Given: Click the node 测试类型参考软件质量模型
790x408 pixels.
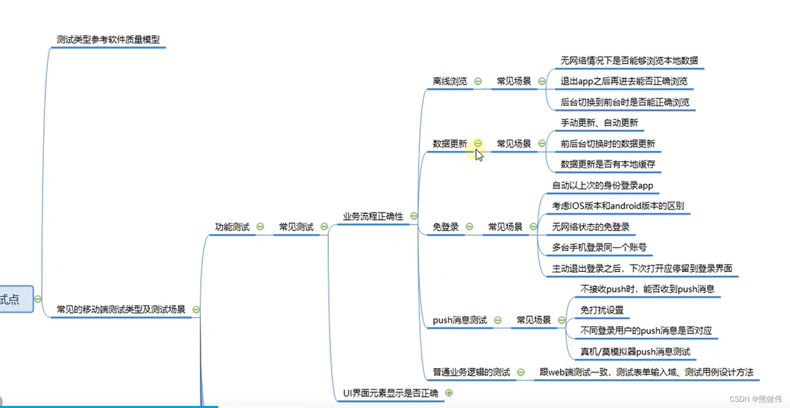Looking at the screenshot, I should pyautogui.click(x=108, y=39).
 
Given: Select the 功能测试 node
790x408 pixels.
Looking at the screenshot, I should pyautogui.click(x=232, y=227).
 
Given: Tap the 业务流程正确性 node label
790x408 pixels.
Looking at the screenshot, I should pyautogui.click(x=373, y=216).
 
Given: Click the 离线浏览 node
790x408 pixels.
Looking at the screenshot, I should pyautogui.click(x=450, y=81).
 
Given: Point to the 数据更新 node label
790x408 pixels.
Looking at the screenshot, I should pyautogui.click(x=450, y=143).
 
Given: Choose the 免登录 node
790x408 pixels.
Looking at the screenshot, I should pyautogui.click(x=446, y=227).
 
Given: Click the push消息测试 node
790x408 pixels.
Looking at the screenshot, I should pyautogui.click(x=460, y=320).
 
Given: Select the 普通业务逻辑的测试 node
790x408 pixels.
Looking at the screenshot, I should pyautogui.click(x=471, y=372).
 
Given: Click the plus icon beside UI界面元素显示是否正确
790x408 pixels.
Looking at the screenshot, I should pyautogui.click(x=448, y=393).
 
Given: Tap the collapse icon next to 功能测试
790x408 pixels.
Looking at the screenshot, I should pyautogui.click(x=260, y=227).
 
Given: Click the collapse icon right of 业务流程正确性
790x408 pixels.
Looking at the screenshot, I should pyautogui.click(x=414, y=216).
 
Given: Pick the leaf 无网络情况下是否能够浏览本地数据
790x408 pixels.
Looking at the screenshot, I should pyautogui.click(x=629, y=61).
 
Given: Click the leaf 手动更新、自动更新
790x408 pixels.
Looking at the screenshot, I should pyautogui.click(x=600, y=123).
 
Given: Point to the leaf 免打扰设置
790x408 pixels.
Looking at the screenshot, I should pyautogui.click(x=602, y=310).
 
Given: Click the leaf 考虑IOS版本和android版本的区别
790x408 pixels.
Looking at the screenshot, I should pyautogui.click(x=618, y=206).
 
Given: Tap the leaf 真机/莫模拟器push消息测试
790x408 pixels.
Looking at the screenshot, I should pyautogui.click(x=635, y=352).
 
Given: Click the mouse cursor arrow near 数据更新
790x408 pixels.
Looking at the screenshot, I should pyautogui.click(x=479, y=155).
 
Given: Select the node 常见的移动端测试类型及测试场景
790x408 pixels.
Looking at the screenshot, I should pyautogui.click(x=121, y=310).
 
